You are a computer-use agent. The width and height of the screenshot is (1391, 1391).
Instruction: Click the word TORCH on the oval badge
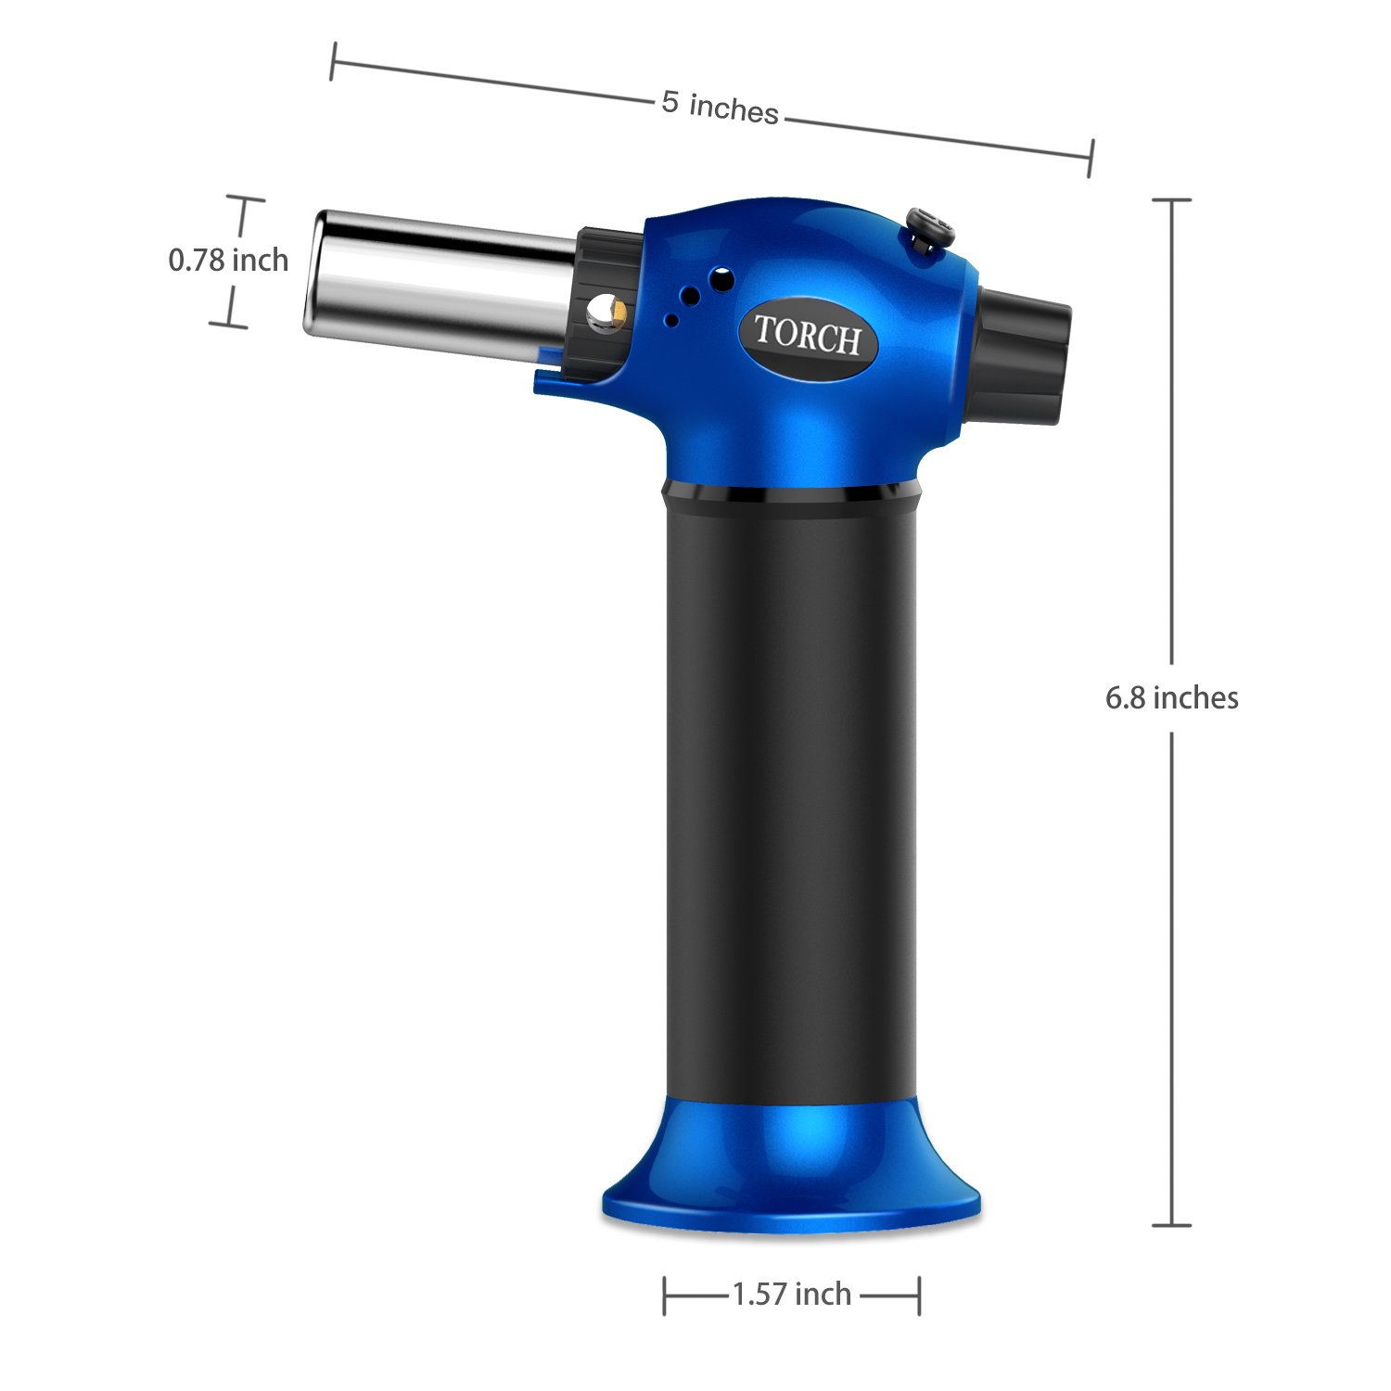(x=807, y=336)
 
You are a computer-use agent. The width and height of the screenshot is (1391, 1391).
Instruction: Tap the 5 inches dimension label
(x=720, y=107)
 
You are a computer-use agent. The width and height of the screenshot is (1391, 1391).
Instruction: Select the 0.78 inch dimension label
(x=228, y=261)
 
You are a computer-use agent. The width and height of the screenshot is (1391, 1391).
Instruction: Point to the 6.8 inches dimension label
(x=1171, y=697)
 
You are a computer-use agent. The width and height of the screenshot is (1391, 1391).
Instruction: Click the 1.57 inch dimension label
(x=791, y=1294)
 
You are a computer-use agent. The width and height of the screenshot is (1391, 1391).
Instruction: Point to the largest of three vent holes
(x=721, y=278)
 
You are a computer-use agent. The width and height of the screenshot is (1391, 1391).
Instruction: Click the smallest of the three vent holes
(x=671, y=321)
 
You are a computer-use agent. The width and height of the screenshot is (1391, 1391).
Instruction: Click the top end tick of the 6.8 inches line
(x=1171, y=199)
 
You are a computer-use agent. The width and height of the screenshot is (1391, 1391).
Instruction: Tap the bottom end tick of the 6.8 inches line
(x=1171, y=1225)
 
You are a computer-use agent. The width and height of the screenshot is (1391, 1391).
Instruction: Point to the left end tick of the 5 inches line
(x=332, y=61)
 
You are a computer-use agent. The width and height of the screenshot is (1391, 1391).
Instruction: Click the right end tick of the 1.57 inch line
(x=918, y=1295)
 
